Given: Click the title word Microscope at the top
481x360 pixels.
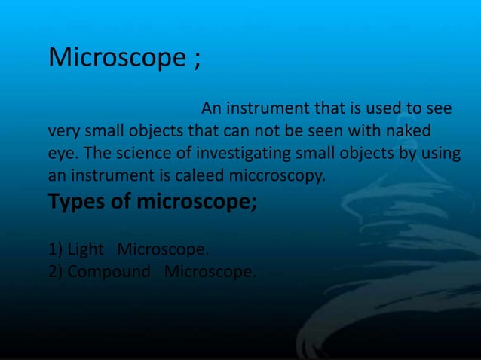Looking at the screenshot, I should (115, 58).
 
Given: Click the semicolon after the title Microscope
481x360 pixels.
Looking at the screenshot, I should (197, 60).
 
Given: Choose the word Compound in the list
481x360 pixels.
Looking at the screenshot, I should (109, 272).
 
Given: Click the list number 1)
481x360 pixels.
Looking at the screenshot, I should (56, 249).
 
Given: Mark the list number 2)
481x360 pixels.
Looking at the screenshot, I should (56, 272).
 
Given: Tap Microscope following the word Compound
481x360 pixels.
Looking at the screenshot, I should (210, 272).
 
